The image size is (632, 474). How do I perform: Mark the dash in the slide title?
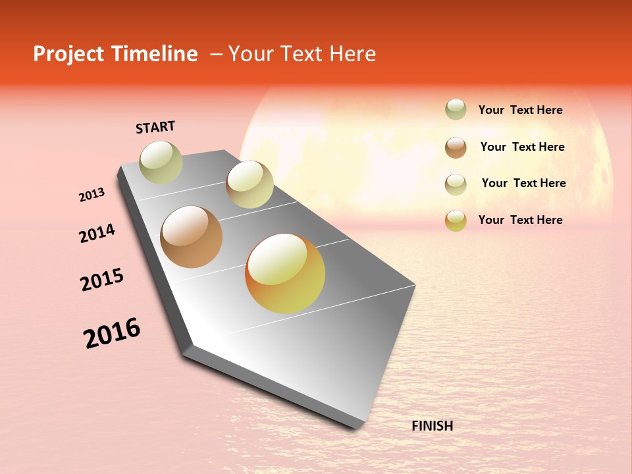click(216, 55)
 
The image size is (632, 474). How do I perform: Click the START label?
click(155, 127)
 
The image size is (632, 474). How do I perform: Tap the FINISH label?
click(432, 426)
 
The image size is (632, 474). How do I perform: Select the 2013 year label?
click(92, 195)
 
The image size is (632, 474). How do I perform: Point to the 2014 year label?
click(97, 233)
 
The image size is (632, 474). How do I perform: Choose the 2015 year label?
click(102, 280)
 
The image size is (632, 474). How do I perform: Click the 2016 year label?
click(112, 333)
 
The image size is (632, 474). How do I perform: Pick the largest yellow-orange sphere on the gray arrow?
click(285, 273)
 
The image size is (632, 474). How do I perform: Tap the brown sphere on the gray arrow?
click(191, 237)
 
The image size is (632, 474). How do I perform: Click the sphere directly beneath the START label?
click(161, 162)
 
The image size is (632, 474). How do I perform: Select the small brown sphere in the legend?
click(456, 147)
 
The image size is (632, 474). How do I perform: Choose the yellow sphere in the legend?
click(456, 221)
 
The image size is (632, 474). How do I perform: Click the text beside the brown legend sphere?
click(522, 147)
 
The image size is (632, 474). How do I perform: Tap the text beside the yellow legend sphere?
click(520, 220)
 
